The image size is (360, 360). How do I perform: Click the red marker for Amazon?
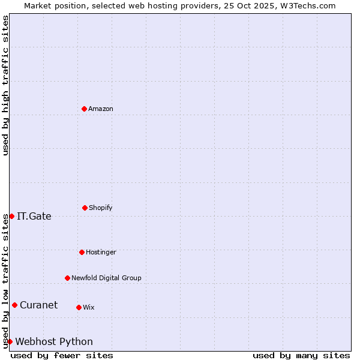pos(84,109)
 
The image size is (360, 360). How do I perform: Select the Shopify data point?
pos(85,208)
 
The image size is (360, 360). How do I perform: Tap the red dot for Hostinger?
pos(82,252)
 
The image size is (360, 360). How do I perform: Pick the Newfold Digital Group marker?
pos(67,278)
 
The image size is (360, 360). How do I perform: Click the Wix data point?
pos(79,307)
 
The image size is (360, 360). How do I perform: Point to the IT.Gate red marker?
pos(11,216)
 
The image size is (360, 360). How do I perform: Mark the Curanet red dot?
pos(14,305)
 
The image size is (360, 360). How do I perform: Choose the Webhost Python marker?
pos(10,341)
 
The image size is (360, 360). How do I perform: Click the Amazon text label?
pos(101,109)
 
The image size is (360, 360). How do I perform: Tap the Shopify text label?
pos(101,208)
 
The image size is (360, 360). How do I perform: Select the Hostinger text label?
pos(101,252)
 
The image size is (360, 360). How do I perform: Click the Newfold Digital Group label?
pos(106,278)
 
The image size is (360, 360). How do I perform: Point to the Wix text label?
pos(89,307)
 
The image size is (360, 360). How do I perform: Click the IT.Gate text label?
pos(34,216)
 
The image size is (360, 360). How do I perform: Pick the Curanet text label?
pos(38,305)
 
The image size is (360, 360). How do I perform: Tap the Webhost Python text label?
pos(54,341)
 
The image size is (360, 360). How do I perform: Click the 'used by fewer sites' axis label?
pos(62,355)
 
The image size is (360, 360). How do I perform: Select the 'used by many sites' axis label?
pos(301,355)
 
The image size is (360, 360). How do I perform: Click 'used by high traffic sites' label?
pos(5,85)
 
